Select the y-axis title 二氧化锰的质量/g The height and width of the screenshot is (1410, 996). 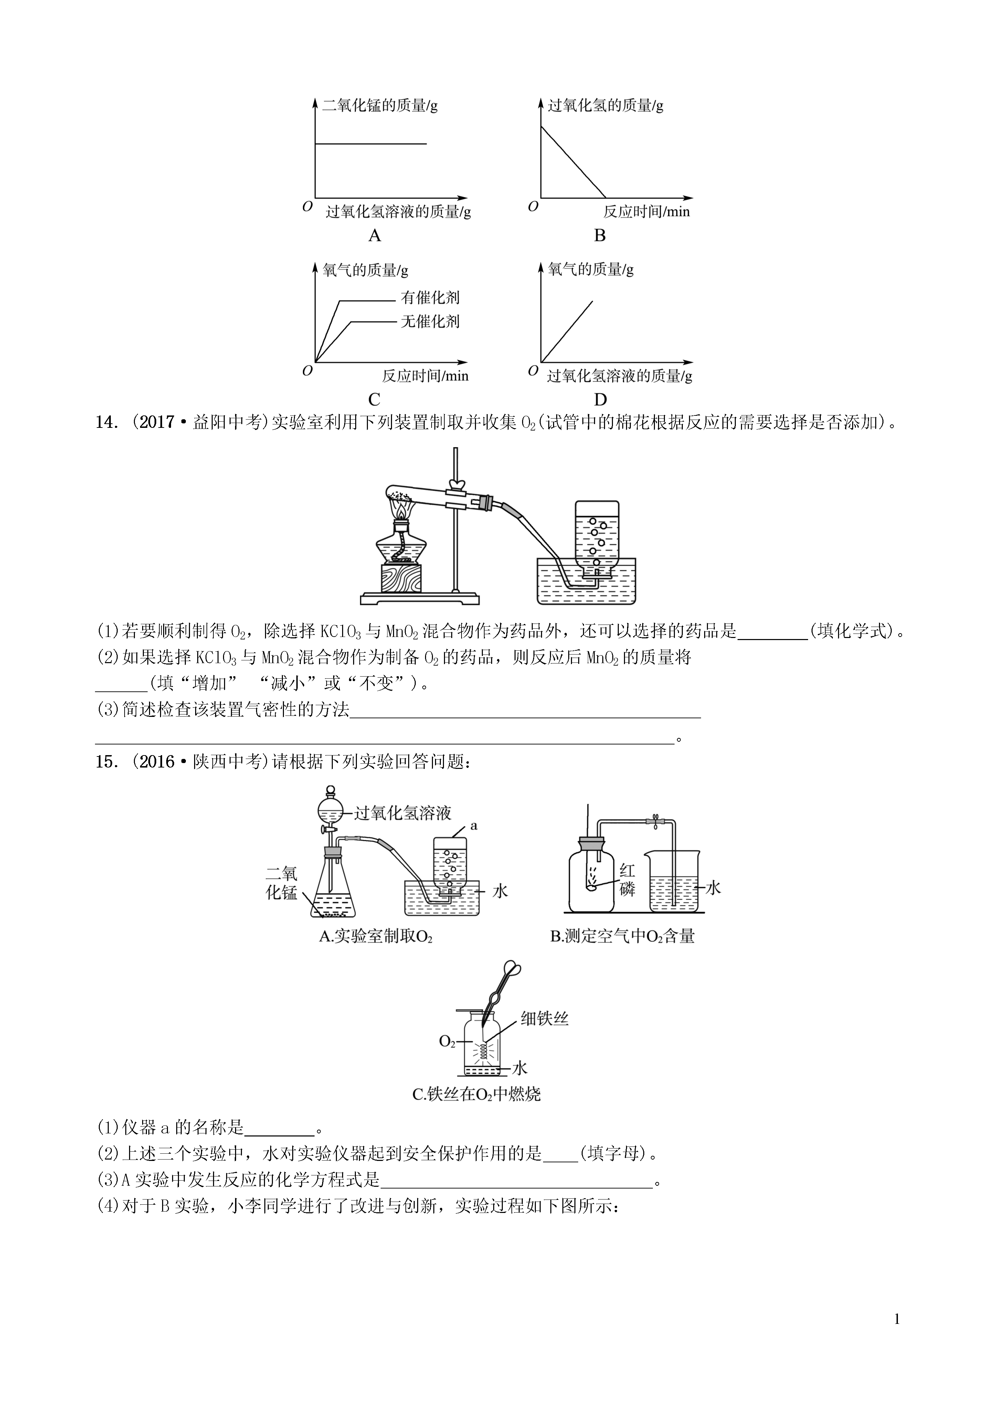pos(380,106)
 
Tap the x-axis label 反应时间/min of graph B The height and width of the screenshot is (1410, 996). pos(646,212)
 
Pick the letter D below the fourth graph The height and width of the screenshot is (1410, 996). pos(600,400)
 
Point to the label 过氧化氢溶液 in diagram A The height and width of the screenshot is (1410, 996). pos(403,813)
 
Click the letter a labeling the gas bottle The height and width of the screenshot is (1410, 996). pos(473,826)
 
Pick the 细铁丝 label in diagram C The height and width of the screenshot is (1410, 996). pos(544,1019)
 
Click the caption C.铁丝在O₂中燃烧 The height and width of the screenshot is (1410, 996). pos(477,1094)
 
